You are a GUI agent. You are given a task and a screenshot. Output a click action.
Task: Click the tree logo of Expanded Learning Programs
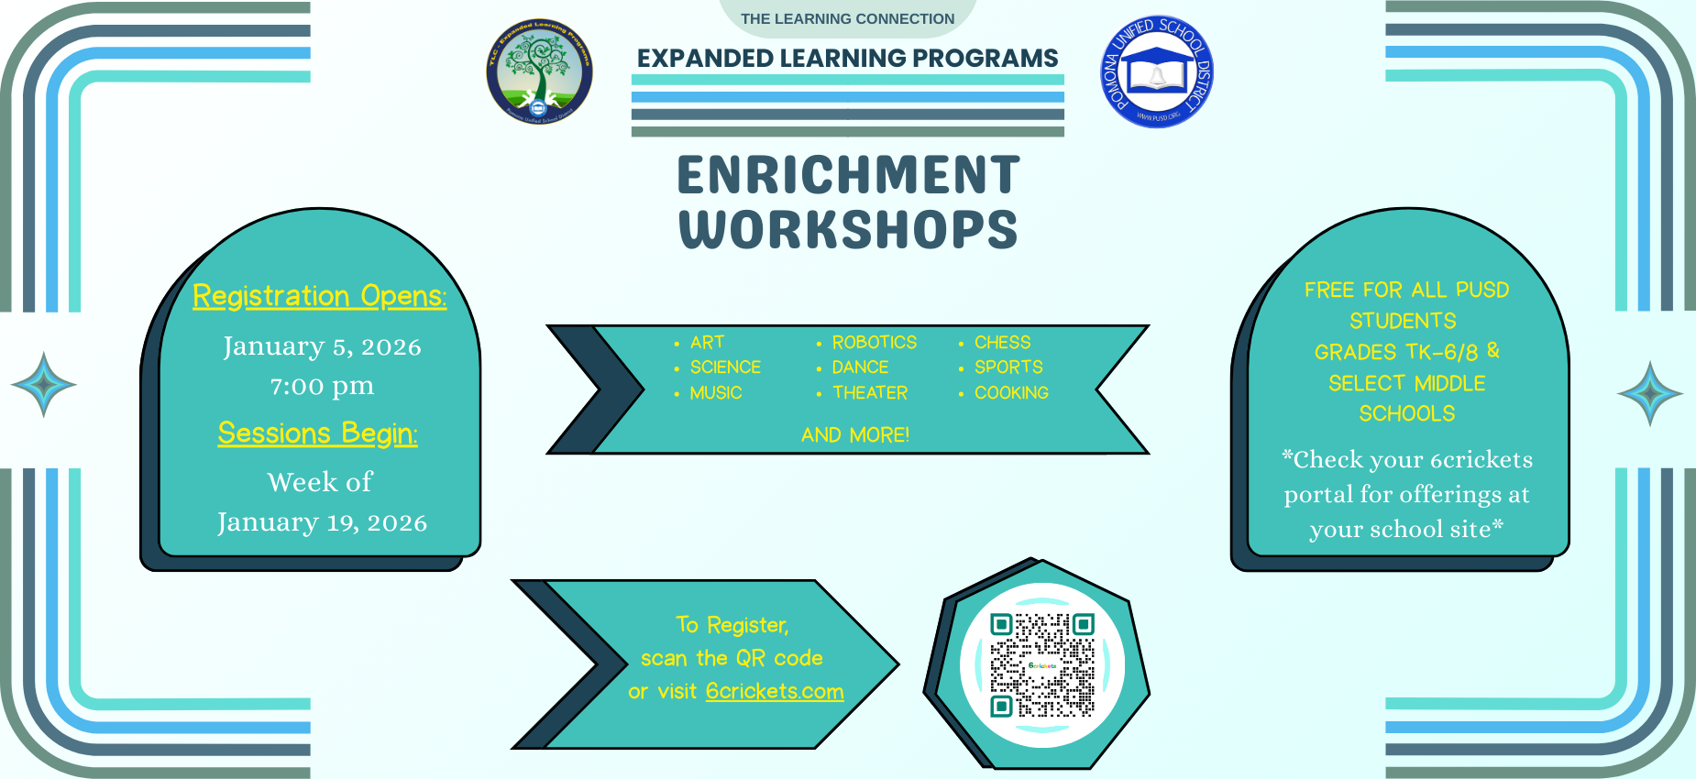tap(539, 71)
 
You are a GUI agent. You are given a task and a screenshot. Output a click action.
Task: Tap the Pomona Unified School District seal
tap(1157, 71)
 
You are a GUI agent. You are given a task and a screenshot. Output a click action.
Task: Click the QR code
tap(1042, 664)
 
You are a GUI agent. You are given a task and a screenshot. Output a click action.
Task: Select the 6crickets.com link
tap(775, 691)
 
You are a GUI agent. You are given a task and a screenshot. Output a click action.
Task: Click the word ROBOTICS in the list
tap(874, 342)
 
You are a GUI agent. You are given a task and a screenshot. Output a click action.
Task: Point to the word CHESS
tap(1002, 342)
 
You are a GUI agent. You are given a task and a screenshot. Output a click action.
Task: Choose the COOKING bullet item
tap(1011, 392)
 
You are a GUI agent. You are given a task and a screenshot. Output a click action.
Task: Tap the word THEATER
tap(869, 392)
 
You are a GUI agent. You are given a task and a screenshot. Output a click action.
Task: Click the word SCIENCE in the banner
tap(725, 367)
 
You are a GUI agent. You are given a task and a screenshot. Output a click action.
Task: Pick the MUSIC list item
tap(715, 392)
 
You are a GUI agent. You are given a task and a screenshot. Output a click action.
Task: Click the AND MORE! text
tap(855, 434)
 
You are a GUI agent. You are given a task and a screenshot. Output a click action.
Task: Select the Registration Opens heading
tap(319, 296)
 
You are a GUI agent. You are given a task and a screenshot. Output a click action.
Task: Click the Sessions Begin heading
tap(317, 433)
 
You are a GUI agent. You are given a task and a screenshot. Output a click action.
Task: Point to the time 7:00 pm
tap(322, 386)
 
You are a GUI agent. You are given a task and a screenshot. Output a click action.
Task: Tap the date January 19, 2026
tap(322, 522)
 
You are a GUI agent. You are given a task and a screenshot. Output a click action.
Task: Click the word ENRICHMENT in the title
tap(848, 175)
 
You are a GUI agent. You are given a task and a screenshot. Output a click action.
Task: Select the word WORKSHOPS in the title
tap(848, 229)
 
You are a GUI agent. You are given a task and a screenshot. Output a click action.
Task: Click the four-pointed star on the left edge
tap(43, 384)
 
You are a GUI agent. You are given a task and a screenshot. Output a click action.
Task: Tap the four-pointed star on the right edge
tap(1649, 393)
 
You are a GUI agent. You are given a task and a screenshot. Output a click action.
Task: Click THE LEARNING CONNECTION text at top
tap(847, 18)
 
